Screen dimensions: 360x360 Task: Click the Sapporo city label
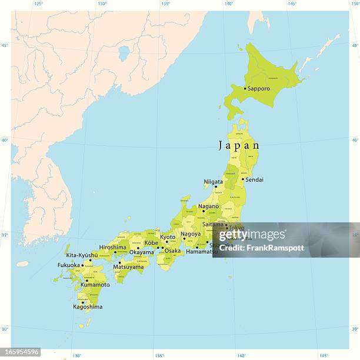pos(259,89)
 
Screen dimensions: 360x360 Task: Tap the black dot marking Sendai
pos(243,179)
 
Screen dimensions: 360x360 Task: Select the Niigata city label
pos(213,182)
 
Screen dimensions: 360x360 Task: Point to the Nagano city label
pos(208,206)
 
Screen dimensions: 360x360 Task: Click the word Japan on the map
pos(239,145)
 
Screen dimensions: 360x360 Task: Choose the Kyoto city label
pos(168,236)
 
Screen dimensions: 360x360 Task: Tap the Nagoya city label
pos(191,234)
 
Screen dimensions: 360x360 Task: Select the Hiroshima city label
pos(113,248)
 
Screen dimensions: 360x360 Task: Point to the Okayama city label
pos(141,252)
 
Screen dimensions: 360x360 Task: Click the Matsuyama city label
pos(128,266)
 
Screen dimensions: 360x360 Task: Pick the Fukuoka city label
pos(69,265)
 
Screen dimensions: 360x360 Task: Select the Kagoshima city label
pos(87,306)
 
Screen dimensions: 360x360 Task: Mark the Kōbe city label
pos(151,242)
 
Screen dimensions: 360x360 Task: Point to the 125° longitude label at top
pos(38,4)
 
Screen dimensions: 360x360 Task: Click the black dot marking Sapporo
pos(245,89)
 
